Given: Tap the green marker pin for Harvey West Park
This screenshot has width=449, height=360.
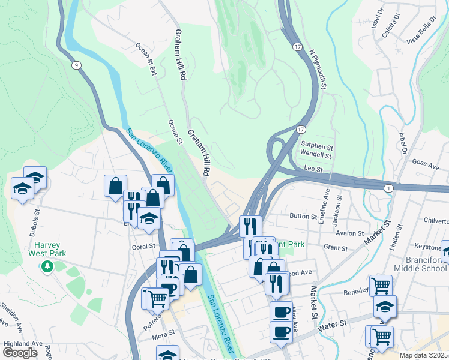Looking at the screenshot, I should point(47,266).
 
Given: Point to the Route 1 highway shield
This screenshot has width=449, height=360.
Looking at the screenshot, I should point(390,188).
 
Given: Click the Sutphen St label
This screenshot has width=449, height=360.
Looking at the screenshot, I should point(316,146).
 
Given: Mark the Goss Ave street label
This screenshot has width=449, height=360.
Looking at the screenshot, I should point(426,163).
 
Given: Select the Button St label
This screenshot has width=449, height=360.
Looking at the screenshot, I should point(303,216).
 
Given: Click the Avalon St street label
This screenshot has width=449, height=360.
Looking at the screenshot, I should point(350,233).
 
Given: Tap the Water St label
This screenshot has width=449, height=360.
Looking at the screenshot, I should point(333,323).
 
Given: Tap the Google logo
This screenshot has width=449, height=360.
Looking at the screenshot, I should point(20,353).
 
